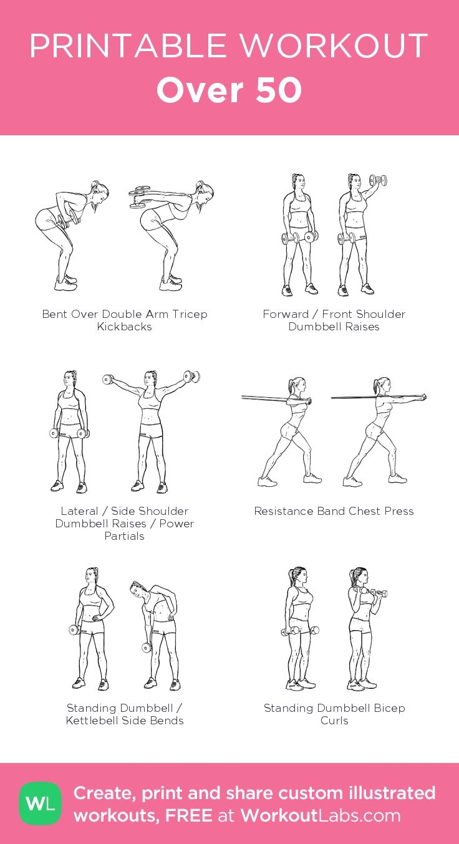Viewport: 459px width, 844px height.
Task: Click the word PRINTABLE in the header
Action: pos(128,46)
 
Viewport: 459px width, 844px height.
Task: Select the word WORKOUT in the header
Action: pos(334,46)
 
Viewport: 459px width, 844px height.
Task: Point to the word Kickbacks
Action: pos(124,327)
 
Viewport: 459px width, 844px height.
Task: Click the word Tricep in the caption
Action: pos(190,314)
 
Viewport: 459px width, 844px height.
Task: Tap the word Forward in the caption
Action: pos(286,314)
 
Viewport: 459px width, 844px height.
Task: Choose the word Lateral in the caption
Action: pos(79,511)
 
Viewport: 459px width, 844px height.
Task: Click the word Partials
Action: pos(124,536)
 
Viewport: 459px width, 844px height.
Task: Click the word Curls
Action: pos(334,721)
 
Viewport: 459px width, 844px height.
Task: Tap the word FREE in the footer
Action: pos(188,816)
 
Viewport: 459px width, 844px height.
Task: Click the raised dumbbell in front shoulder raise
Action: pos(378,181)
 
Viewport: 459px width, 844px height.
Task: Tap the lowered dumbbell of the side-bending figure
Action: pos(147,647)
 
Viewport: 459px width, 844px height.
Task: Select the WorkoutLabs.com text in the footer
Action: pos(321,816)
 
